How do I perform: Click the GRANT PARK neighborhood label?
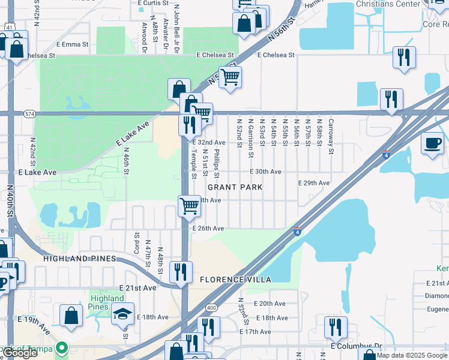235,187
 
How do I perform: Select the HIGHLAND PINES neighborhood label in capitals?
79,259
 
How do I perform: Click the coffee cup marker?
432,144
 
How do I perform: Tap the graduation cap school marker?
123,313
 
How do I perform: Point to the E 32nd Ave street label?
208,142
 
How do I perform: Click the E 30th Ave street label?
266,172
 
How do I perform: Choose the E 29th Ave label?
315,183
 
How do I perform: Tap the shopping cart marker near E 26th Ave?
190,206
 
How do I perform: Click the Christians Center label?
388,4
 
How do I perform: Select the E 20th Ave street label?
270,304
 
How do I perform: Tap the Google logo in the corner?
20,353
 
